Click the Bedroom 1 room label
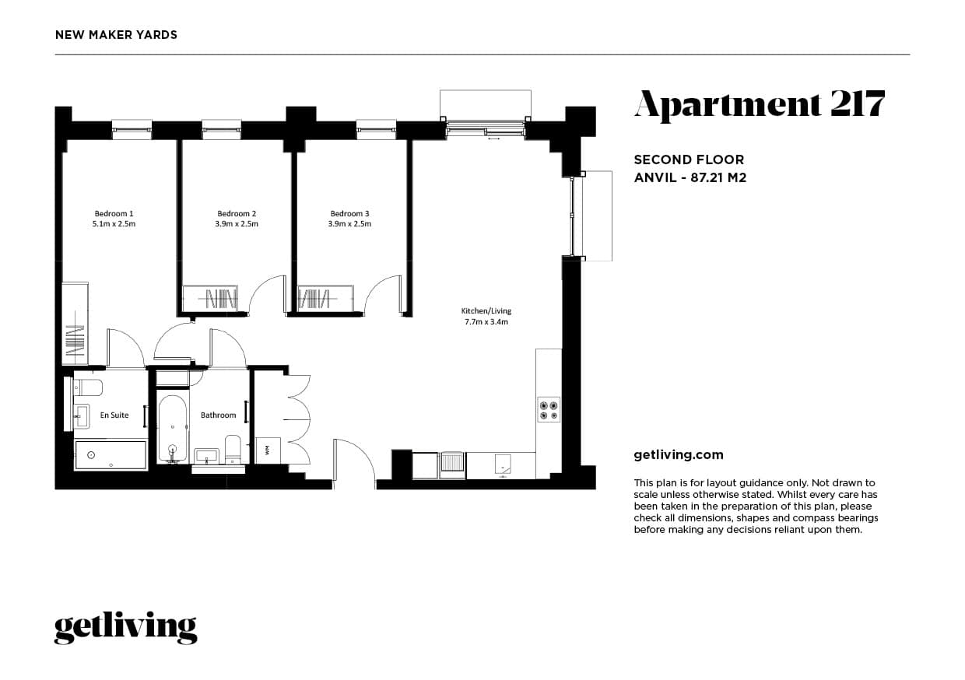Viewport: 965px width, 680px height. (x=114, y=214)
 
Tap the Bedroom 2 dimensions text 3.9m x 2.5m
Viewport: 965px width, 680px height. (x=237, y=224)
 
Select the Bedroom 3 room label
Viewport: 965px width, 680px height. (x=349, y=214)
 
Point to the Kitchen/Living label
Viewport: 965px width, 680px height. (x=486, y=311)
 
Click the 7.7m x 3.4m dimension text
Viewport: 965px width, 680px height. (x=486, y=321)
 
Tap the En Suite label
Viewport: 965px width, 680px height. (x=114, y=415)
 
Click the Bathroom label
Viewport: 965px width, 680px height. (x=219, y=415)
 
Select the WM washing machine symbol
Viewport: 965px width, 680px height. (x=268, y=450)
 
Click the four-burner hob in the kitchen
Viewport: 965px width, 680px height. (x=549, y=409)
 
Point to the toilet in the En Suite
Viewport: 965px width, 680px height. (x=88, y=388)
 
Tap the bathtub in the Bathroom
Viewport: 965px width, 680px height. (x=172, y=429)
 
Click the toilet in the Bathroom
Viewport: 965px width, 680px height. (x=233, y=449)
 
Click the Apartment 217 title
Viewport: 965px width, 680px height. (x=760, y=104)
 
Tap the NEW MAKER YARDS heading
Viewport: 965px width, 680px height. (x=116, y=35)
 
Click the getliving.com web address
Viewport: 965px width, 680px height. (x=679, y=455)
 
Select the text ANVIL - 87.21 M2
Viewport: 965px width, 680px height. (x=690, y=177)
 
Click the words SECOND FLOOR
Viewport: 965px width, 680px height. (x=689, y=159)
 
